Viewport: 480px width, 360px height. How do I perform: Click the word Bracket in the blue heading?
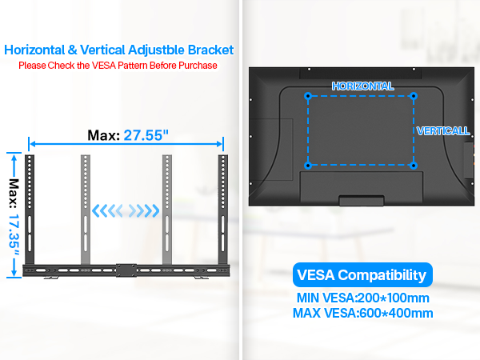coord(210,50)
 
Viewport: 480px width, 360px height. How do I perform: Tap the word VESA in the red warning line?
coord(104,66)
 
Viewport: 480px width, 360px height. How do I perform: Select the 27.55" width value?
coord(146,135)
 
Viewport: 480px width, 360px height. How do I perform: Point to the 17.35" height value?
coord(14,235)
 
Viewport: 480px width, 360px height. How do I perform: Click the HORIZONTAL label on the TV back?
coord(362,86)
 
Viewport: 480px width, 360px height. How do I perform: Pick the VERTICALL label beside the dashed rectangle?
coord(443,131)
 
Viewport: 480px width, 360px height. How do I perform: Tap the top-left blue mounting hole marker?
coord(308,96)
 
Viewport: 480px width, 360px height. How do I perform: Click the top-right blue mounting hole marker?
coord(414,96)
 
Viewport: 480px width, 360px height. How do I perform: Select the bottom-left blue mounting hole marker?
coord(308,166)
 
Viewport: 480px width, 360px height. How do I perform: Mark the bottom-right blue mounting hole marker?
coord(414,166)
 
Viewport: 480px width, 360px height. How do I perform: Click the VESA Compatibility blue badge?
coord(362,274)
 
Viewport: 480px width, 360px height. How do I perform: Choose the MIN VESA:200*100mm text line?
coord(362,298)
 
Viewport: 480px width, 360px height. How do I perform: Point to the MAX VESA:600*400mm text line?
coord(362,313)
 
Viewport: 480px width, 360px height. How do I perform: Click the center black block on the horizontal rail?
coord(126,270)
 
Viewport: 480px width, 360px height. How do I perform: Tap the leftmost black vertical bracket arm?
coord(30,210)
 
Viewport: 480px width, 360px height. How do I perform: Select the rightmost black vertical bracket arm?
coord(223,210)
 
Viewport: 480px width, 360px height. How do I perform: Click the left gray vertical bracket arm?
coord(86,210)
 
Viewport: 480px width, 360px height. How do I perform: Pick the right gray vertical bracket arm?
coord(167,210)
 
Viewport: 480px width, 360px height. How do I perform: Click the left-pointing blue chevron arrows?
coord(107,210)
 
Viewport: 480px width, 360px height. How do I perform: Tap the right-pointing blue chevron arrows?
coord(144,210)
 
